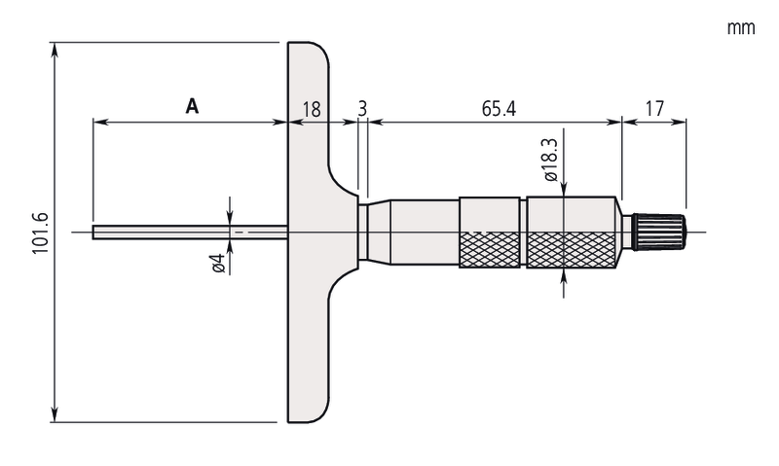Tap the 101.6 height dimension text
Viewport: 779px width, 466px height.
[x=40, y=233]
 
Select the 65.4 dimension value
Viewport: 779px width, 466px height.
[x=498, y=108]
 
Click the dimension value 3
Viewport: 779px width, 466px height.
[x=362, y=108]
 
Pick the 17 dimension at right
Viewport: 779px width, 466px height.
[x=654, y=108]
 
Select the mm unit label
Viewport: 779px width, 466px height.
[x=741, y=28]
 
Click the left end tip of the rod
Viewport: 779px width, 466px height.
[x=94, y=232]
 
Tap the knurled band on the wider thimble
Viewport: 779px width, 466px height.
[x=573, y=251]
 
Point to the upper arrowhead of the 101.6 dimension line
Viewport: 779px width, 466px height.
[x=55, y=48]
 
